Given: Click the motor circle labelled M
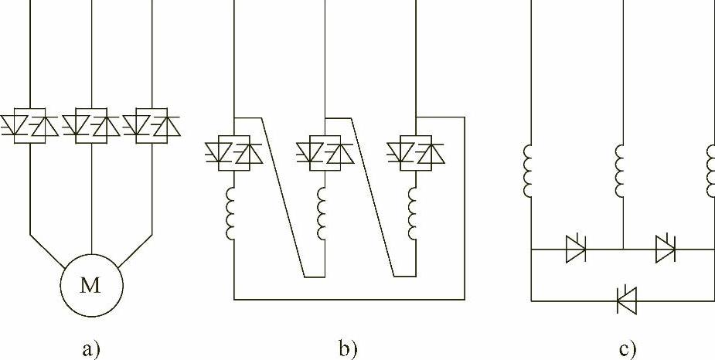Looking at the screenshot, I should [91, 285].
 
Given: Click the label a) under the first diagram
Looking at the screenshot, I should [91, 350].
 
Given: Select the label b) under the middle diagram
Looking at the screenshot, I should [349, 350].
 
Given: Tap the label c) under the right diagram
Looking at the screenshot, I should [628, 350].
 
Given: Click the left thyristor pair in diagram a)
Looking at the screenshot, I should [30, 126].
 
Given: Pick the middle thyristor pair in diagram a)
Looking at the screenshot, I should [91, 126].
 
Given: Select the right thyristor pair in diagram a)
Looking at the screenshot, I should [152, 126].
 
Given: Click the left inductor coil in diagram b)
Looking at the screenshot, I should [231, 216].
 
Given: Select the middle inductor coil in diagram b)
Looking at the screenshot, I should [322, 216].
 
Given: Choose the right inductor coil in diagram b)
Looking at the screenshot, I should [414, 216].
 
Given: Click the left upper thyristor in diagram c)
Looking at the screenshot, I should [577, 249].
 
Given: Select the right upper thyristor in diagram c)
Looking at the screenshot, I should [666, 249].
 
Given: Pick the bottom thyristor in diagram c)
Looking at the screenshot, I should [625, 300].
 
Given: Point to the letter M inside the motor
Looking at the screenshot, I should [91, 286].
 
